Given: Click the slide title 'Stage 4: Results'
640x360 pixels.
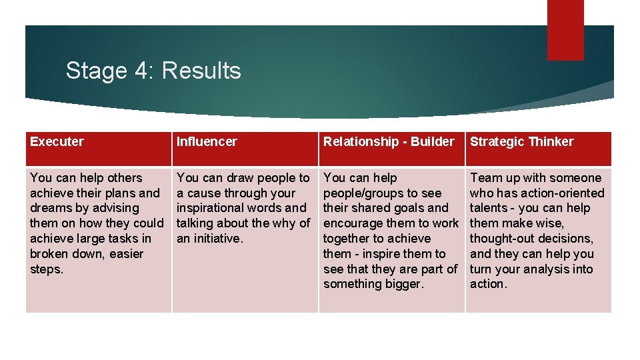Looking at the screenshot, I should (153, 70).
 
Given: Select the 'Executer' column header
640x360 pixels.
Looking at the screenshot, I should (57, 141).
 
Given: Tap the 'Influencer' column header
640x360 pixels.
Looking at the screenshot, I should (207, 141).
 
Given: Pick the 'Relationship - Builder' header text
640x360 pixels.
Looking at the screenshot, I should (388, 141).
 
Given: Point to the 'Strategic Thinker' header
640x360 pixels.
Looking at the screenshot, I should (521, 141).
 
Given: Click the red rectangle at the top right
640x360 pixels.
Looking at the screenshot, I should (565, 29).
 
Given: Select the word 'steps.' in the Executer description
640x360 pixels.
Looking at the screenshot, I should (46, 269).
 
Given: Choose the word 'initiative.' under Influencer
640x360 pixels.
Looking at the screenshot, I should (221, 238).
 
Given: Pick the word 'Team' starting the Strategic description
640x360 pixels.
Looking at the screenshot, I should (485, 177).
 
